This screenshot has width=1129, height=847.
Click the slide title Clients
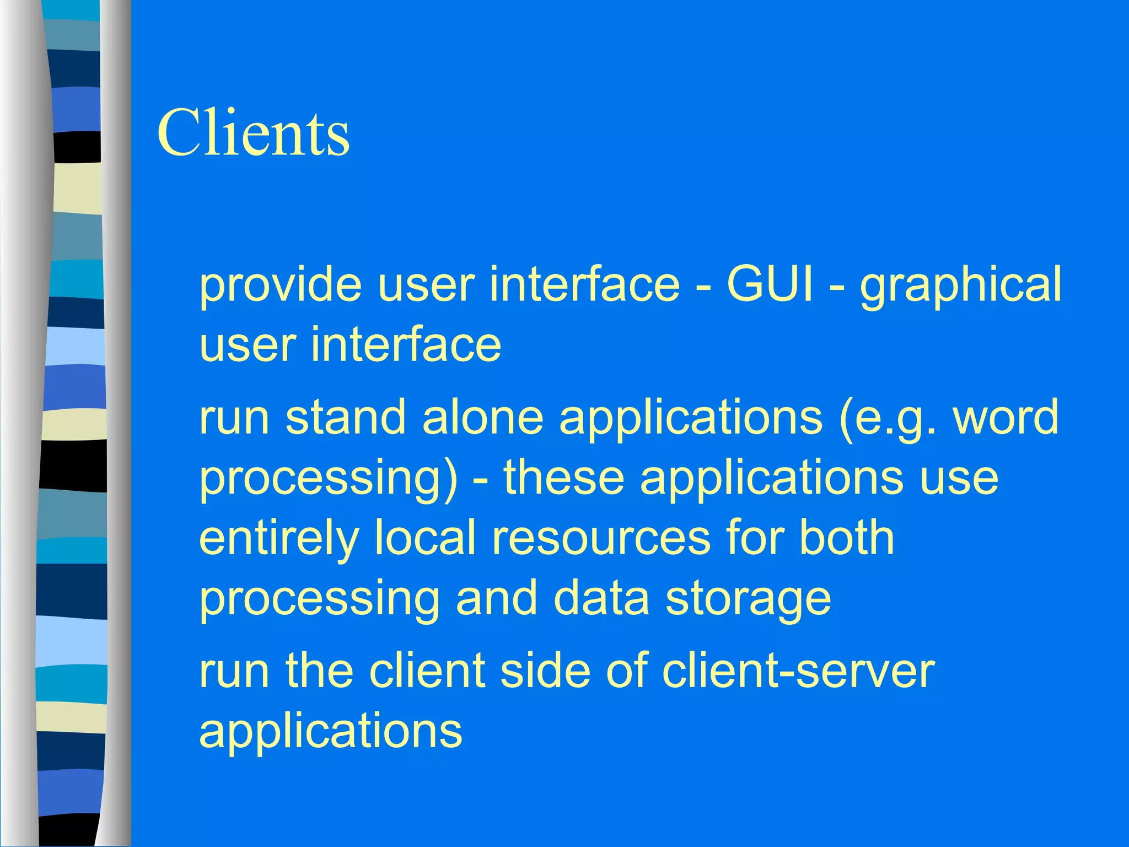click(253, 133)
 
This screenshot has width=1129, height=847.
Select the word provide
click(281, 285)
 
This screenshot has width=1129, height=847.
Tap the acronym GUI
click(770, 285)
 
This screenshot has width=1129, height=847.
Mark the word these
click(563, 478)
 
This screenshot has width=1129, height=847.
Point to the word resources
click(601, 539)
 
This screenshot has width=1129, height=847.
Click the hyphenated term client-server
click(798, 671)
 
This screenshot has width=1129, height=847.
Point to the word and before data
click(496, 598)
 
